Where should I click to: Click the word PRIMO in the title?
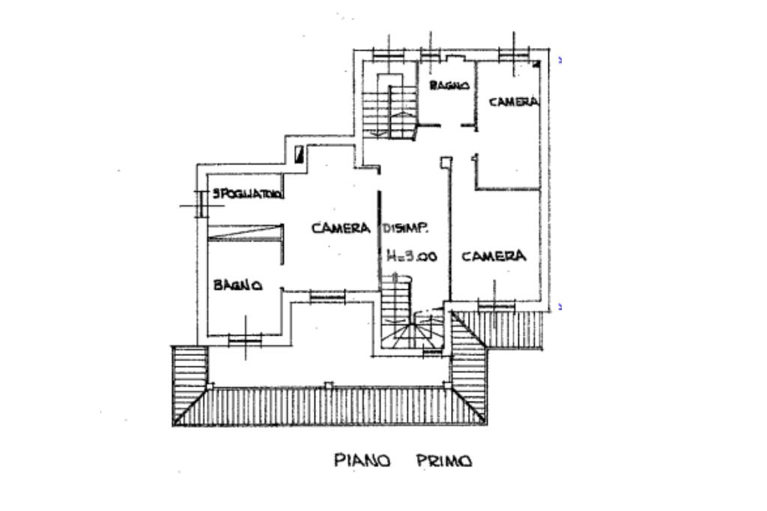pyautogui.click(x=444, y=461)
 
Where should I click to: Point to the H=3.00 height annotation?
pyautogui.click(x=412, y=256)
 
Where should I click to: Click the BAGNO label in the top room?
pyautogui.click(x=449, y=86)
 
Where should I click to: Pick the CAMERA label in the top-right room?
pyautogui.click(x=514, y=101)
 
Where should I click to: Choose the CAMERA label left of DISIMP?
pyautogui.click(x=342, y=228)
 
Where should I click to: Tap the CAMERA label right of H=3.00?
pyautogui.click(x=494, y=256)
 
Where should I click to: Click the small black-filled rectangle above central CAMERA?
pyautogui.click(x=300, y=154)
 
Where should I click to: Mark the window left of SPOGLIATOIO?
pyautogui.click(x=199, y=203)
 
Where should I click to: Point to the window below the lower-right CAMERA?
pyautogui.click(x=496, y=306)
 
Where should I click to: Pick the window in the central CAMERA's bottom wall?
pyautogui.click(x=327, y=297)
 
